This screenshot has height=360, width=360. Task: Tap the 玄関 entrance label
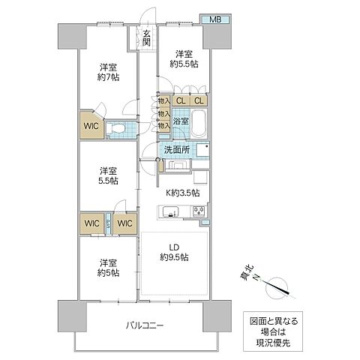146,38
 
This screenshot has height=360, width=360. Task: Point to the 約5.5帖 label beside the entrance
187,64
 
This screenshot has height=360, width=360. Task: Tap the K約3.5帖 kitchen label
182,193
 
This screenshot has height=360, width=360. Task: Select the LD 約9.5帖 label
173,252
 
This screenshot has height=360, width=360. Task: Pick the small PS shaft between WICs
109,223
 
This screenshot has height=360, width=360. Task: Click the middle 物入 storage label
162,113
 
